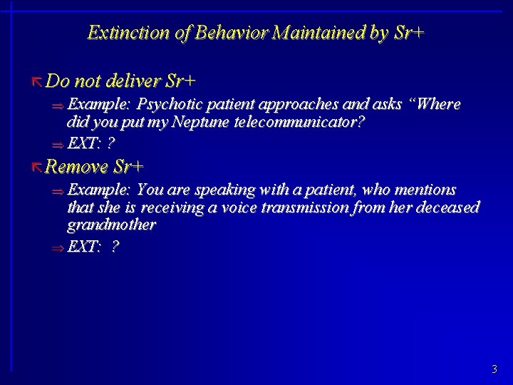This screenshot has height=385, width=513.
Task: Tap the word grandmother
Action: click(110, 225)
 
